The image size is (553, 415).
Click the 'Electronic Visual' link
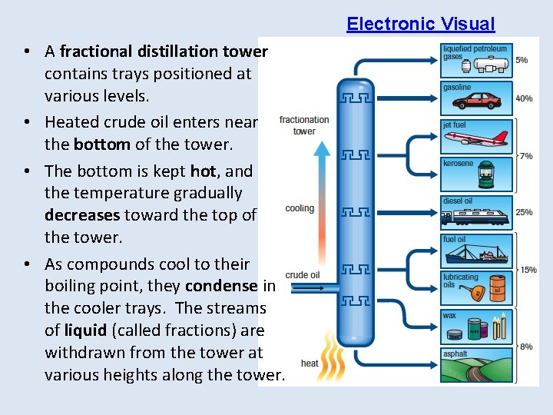pos(420,24)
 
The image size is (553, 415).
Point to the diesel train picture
pos(477,214)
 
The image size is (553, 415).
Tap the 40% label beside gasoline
pos(525,98)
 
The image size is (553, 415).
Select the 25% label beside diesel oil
pos(525,212)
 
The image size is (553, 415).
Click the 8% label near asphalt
pos(527,347)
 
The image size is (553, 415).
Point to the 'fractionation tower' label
pos(304,125)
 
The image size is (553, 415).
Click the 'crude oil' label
pos(302,275)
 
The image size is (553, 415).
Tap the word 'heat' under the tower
pos(310,364)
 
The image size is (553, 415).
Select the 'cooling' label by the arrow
pos(300,208)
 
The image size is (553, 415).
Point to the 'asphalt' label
pos(455,354)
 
